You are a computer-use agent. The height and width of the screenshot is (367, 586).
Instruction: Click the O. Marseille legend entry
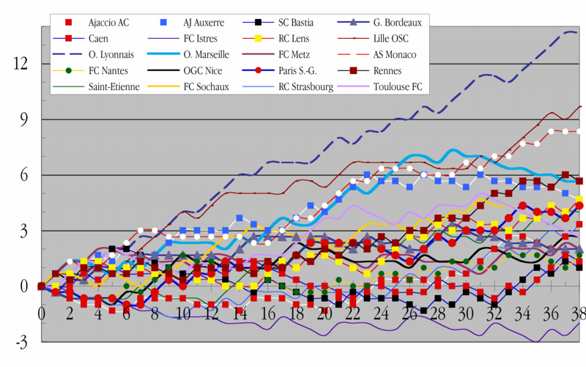(x=207, y=54)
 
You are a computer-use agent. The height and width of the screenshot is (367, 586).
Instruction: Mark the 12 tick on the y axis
(x=20, y=64)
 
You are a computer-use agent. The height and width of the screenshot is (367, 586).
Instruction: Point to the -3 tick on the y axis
(x=21, y=342)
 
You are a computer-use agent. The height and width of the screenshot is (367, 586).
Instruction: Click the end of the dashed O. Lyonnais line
(x=578, y=32)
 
